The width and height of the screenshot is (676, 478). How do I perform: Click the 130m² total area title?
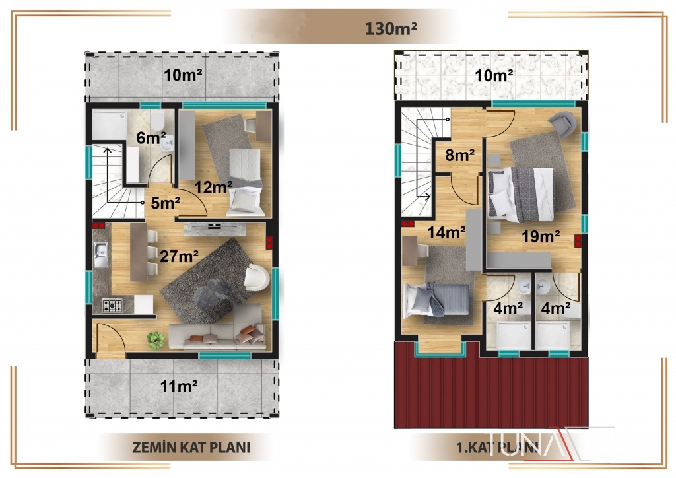pyautogui.click(x=391, y=28)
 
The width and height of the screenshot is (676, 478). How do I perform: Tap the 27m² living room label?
pyautogui.click(x=179, y=256)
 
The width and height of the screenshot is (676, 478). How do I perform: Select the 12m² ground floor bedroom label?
pyautogui.click(x=213, y=187)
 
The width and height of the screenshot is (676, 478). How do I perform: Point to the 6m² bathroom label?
pyautogui.click(x=151, y=138)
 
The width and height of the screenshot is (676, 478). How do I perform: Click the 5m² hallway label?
pyautogui.click(x=165, y=203)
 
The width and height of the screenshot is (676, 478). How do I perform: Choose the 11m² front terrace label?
pyautogui.click(x=179, y=386)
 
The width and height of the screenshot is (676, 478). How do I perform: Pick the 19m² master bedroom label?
pyautogui.click(x=541, y=236)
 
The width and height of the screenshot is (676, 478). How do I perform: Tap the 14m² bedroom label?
pyautogui.click(x=446, y=233)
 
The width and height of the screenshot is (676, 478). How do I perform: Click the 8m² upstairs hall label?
pyautogui.click(x=460, y=154)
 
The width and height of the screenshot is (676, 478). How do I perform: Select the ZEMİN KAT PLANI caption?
pyautogui.click(x=191, y=447)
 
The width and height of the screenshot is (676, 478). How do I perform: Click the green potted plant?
pyautogui.click(x=156, y=339)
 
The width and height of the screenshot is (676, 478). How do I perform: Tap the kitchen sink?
pyautogui.click(x=101, y=255)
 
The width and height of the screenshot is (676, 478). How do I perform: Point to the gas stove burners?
pyautogui.click(x=112, y=306)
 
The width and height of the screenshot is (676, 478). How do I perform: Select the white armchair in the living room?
pyautogui.click(x=257, y=277)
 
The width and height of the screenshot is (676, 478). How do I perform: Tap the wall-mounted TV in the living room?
pyautogui.click(x=215, y=226)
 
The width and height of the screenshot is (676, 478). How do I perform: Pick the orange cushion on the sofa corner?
pyautogui.click(x=248, y=330)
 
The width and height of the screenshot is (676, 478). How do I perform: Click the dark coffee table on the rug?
pyautogui.click(x=212, y=295)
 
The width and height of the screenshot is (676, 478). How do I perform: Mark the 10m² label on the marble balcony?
pyautogui.click(x=494, y=76)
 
